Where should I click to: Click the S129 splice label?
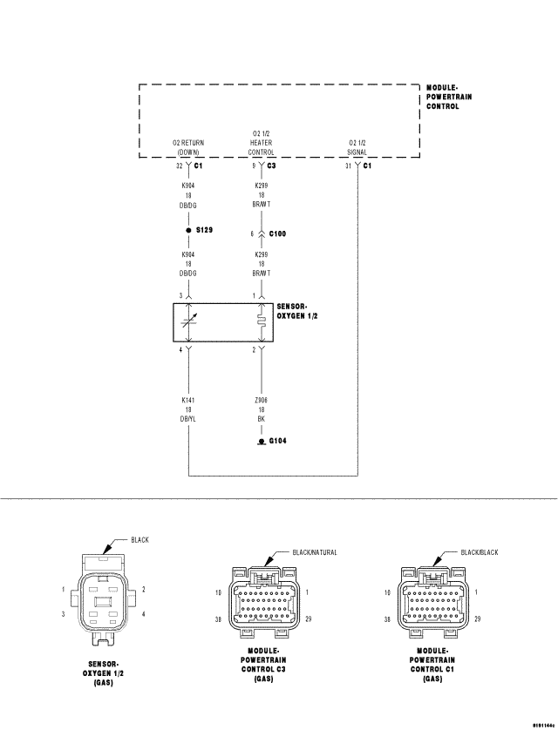204,230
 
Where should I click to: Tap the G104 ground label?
277,441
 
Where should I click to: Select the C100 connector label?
277,233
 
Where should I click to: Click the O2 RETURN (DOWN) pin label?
187,146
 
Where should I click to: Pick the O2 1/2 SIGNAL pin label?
358,146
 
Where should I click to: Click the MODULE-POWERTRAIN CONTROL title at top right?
449,97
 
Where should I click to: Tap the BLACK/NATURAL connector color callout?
314,552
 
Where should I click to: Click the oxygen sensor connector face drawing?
104,602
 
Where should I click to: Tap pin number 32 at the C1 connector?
178,165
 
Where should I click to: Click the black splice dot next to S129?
188,230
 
